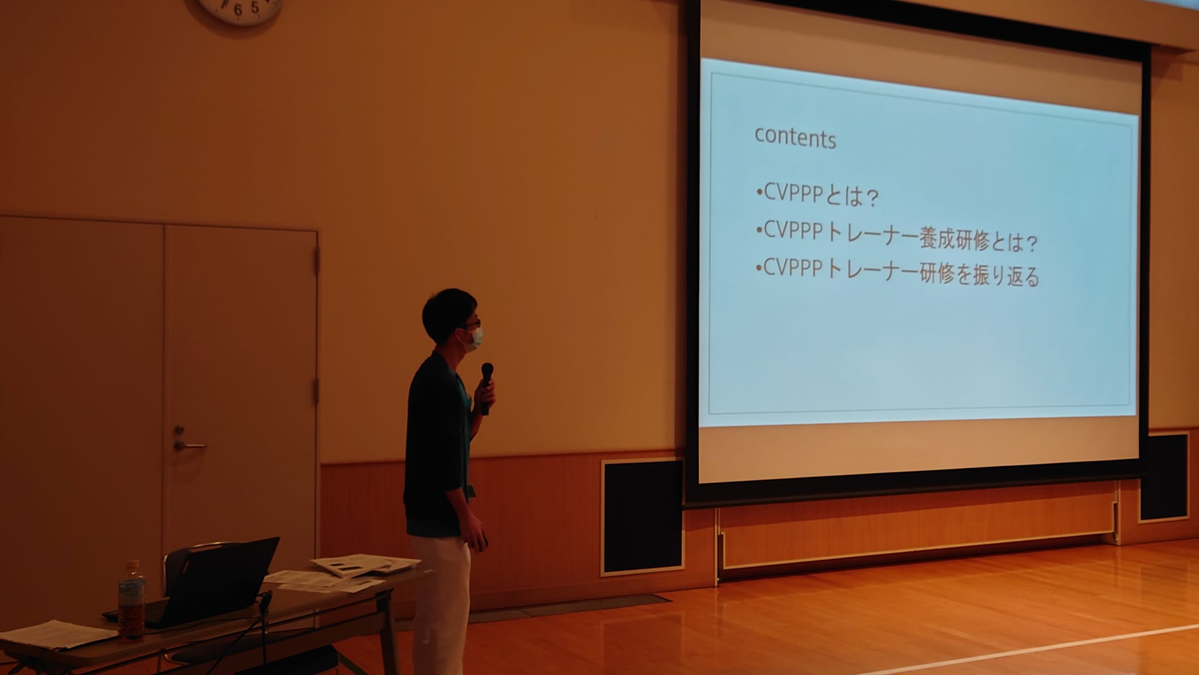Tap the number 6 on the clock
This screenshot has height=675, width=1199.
[x=238, y=10]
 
